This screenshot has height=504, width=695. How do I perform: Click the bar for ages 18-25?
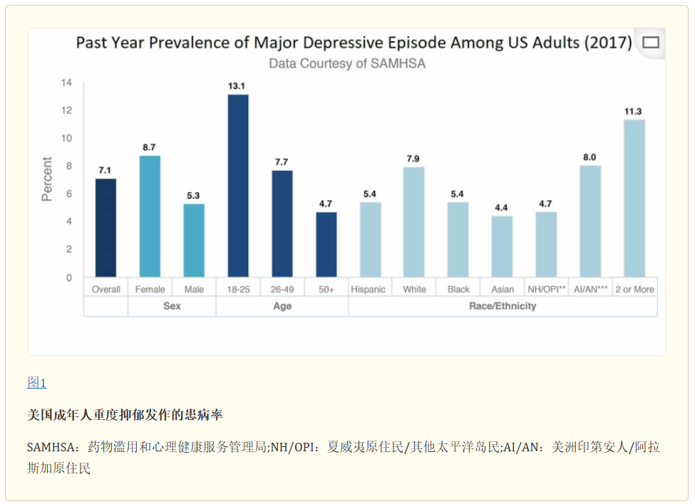238,186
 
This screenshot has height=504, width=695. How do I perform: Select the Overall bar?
105,228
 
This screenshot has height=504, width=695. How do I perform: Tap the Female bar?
150,216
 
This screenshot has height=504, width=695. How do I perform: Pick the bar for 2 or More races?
634,199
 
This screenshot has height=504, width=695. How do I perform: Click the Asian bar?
502,246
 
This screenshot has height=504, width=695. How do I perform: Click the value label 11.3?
634,111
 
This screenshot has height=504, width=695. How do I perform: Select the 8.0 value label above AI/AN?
590,157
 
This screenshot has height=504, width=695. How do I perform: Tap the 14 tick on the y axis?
67,83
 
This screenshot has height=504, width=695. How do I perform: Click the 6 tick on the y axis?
68,194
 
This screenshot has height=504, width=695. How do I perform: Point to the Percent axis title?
47,179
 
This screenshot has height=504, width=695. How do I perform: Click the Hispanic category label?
369,289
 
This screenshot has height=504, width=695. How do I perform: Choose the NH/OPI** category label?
546,289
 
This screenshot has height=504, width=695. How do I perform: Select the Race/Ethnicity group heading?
503,306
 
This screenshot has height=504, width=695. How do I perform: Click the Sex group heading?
172,306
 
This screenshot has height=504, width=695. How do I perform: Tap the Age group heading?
282,306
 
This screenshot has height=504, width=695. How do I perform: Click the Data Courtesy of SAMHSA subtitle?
346,63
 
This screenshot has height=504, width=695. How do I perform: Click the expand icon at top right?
650,43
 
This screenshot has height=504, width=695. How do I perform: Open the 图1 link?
36,383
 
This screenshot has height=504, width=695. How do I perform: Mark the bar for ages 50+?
326,244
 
